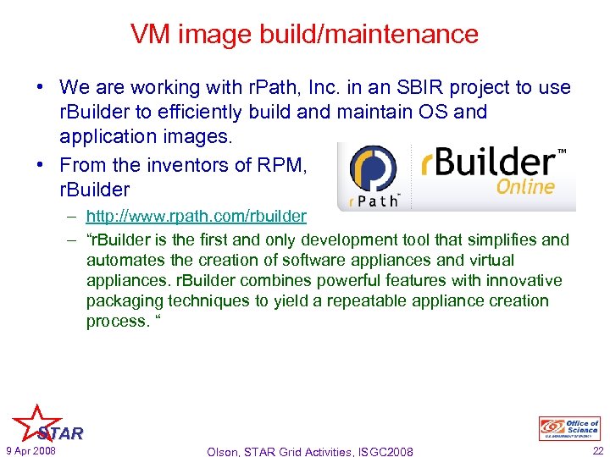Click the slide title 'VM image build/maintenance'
point(304,35)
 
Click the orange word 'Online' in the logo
point(525,186)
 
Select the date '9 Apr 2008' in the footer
point(30,450)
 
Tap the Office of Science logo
point(568,428)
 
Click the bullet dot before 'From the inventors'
point(41,165)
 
